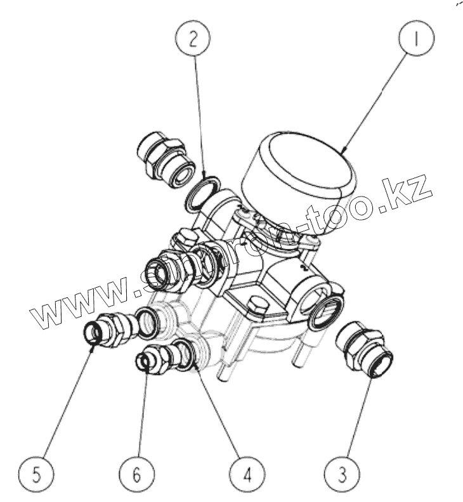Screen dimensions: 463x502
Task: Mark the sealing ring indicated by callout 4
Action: [184, 354]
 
